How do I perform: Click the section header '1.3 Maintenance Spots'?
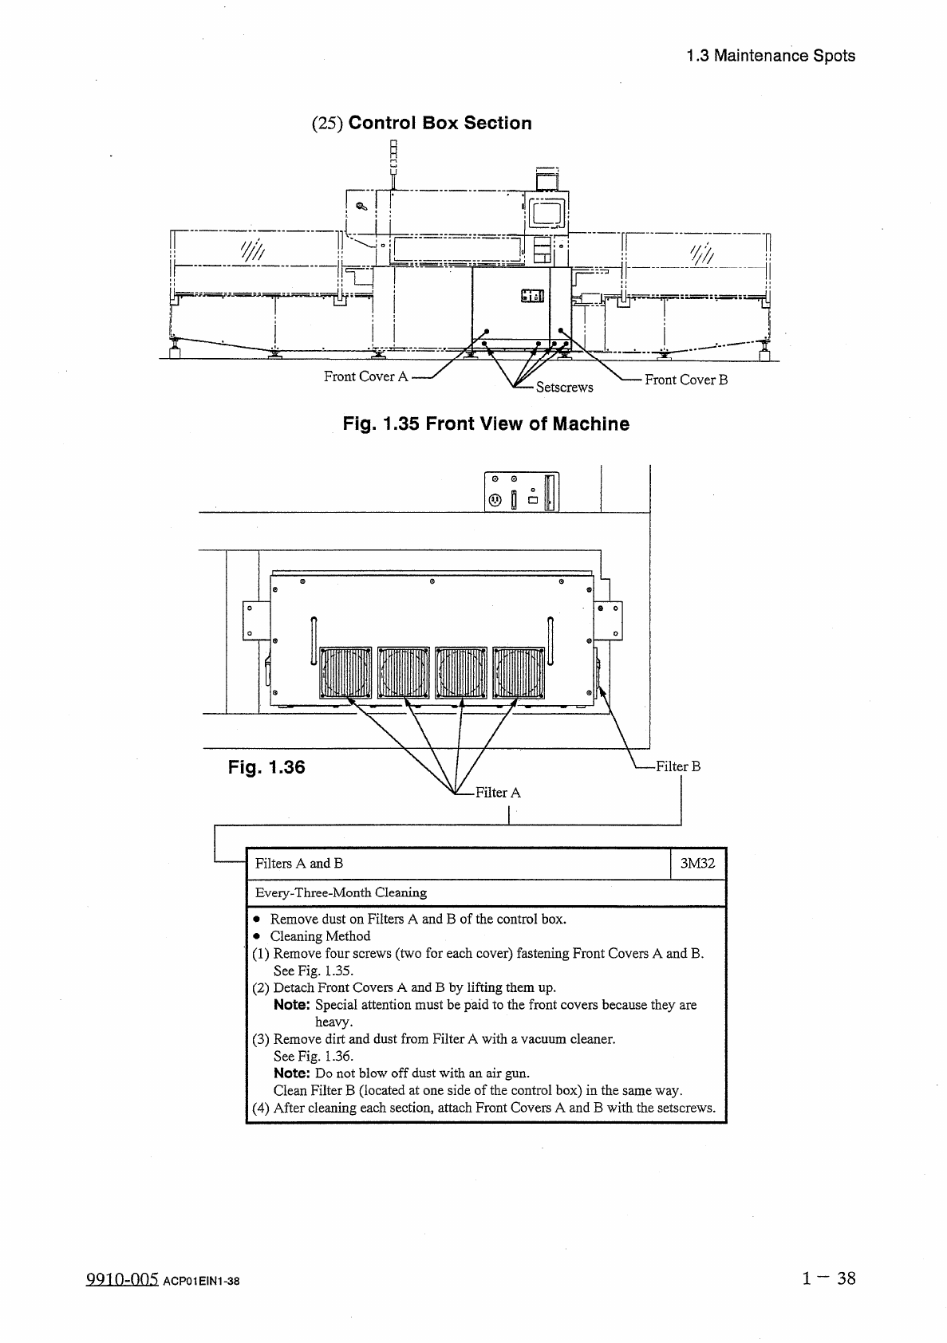[770, 56]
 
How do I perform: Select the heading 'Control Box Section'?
[440, 123]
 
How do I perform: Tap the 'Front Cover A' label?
[365, 376]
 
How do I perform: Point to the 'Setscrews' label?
[564, 388]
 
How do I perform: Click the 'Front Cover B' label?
[686, 380]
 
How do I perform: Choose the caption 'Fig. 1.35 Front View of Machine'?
[486, 423]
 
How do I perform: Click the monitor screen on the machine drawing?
[546, 213]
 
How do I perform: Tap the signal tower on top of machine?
[393, 157]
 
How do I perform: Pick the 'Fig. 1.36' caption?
[266, 767]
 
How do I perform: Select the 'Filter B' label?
[677, 766]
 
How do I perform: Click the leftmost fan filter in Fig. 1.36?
[345, 671]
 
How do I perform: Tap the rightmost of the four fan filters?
[519, 671]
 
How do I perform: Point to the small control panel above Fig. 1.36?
[522, 491]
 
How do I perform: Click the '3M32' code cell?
[696, 863]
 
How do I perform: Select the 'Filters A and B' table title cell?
[299, 863]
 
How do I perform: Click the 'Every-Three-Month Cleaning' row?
[341, 892]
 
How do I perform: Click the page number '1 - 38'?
[829, 1278]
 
